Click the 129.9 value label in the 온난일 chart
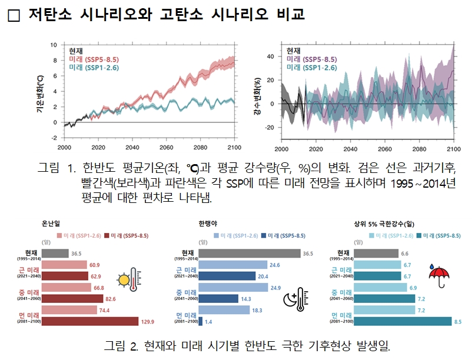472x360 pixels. [x=148, y=322]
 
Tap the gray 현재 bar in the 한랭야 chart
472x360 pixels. [x=249, y=254]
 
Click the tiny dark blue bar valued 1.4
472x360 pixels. [x=201, y=321]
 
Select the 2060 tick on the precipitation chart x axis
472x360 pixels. [x=384, y=149]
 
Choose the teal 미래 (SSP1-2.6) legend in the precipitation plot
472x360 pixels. [x=311, y=68]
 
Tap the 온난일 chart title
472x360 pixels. [x=51, y=224]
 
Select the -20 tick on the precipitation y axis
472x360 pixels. [x=271, y=128]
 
